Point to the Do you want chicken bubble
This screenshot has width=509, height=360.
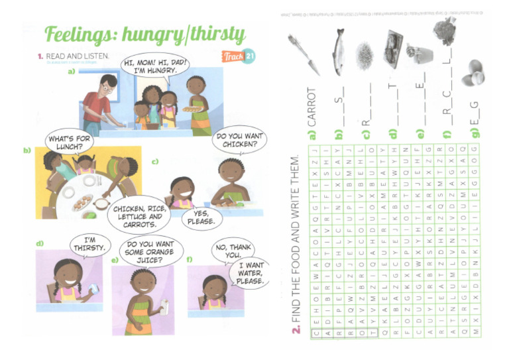240,142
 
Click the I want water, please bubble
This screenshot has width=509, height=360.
251,274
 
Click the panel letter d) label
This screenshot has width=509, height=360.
40,243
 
